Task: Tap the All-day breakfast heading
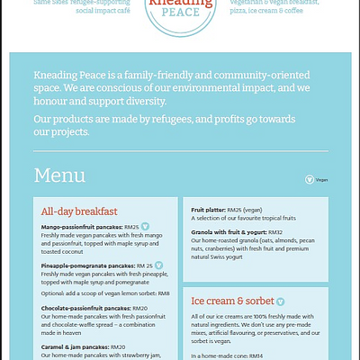pos(84,211)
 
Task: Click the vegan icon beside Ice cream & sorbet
pos(281,301)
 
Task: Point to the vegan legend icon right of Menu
pos(310,179)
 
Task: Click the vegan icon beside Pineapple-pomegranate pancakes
pos(159,265)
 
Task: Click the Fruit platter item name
pos(209,209)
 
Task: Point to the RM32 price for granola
pos(275,232)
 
